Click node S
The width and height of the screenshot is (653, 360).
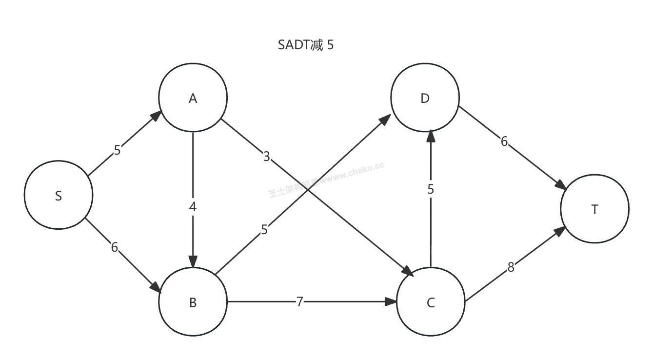pos(59,195)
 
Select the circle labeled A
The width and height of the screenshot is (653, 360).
pos(193,98)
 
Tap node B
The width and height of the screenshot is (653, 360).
pos(193,302)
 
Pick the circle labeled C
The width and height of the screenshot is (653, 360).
pos(431,302)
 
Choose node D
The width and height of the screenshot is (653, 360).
pos(425,98)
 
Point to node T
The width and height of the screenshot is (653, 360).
pos(594,209)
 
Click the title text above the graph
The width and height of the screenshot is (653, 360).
pos(306,45)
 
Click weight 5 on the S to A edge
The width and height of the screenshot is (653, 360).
pos(117,150)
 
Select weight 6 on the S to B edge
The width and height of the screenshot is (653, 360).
pos(114,247)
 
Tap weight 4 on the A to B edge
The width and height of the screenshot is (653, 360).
pos(193,207)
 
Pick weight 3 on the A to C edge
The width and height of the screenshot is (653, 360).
pos(266,157)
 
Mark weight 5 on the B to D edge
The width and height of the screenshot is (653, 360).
pos(264,229)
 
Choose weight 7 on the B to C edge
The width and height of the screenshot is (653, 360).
pos(299,302)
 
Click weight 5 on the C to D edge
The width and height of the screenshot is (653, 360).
pos(431,189)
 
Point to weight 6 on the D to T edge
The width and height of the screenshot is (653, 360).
pos(504,141)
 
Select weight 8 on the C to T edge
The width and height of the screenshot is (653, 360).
pos(511,267)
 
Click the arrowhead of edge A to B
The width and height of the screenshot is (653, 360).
pos(193,261)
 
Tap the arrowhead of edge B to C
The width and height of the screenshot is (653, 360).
pos(391,302)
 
